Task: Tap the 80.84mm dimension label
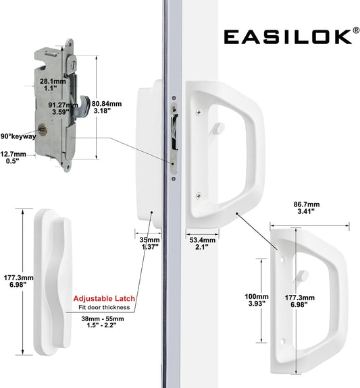click(x=107, y=107)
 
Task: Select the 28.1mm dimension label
click(x=53, y=84)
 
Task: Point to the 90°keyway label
click(x=18, y=136)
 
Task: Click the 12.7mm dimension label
click(x=13, y=158)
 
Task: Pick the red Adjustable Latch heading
click(x=104, y=298)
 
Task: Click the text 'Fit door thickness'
click(x=104, y=307)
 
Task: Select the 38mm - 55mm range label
click(x=102, y=322)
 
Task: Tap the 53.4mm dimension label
click(x=202, y=244)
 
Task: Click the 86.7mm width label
click(x=307, y=208)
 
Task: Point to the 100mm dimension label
click(x=257, y=300)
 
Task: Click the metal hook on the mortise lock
click(x=84, y=107)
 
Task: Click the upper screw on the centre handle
click(x=199, y=112)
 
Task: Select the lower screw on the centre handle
click(x=199, y=196)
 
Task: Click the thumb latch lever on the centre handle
click(x=217, y=129)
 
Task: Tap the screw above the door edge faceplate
click(x=174, y=98)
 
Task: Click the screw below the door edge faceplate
click(x=174, y=179)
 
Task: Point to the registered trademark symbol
click(x=356, y=30)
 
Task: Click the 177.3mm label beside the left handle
click(x=19, y=281)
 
